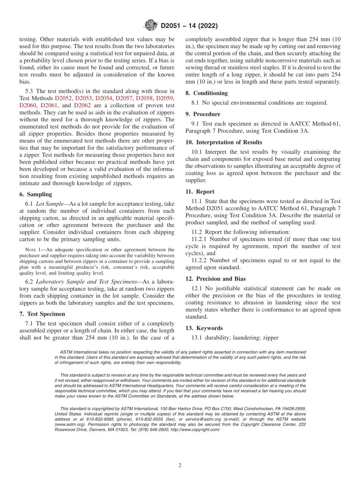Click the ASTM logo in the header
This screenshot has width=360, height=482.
[151, 26]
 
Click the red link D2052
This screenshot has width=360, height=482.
[65, 98]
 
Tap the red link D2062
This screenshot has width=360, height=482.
[83, 105]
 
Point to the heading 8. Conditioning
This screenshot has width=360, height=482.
[207, 93]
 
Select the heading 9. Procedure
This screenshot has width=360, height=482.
[203, 114]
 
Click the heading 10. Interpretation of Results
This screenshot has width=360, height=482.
[224, 142]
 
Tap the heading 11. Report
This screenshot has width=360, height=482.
[200, 192]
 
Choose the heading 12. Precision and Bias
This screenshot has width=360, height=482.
[215, 279]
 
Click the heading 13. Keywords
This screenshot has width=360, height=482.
[204, 328]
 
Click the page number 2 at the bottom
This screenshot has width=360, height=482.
[180, 465]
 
